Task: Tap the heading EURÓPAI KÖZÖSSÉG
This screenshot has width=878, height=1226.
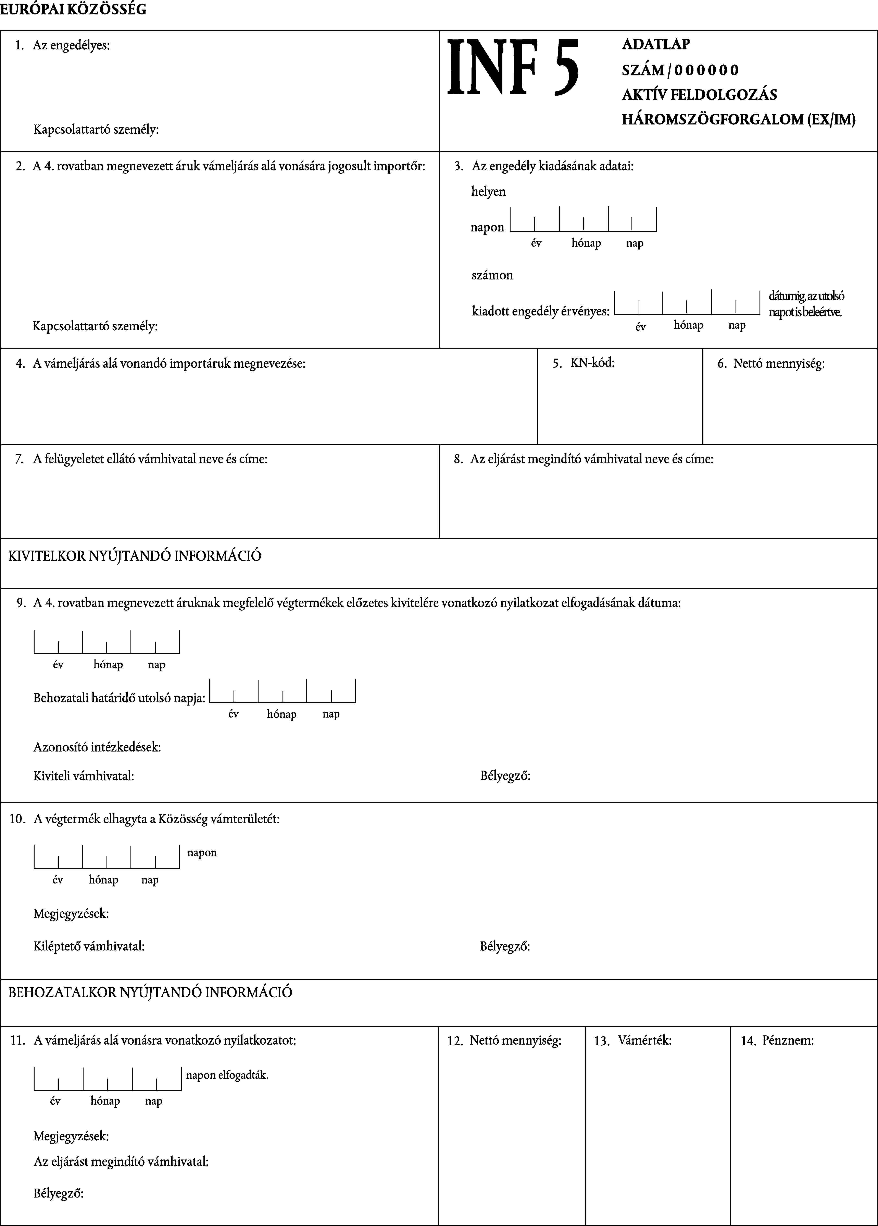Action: tap(73, 10)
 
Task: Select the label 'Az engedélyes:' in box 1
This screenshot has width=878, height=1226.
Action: tap(71, 45)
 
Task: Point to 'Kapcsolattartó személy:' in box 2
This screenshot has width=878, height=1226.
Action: tap(95, 326)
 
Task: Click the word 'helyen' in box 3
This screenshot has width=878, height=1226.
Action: tap(488, 191)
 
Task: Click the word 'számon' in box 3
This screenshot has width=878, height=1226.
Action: tap(492, 275)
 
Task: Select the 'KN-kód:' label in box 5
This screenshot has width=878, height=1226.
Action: tap(592, 363)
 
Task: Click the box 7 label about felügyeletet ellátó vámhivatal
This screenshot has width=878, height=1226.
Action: tap(150, 459)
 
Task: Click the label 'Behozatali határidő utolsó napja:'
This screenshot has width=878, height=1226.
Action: tap(119, 698)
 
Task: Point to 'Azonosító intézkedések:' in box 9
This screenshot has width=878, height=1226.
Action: tap(97, 747)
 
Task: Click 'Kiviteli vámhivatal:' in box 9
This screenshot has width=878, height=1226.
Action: tap(84, 776)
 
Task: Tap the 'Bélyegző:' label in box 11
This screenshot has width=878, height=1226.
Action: tap(58, 1194)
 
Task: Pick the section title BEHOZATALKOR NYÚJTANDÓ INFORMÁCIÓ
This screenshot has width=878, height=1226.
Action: tap(150, 993)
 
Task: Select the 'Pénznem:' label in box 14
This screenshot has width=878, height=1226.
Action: tap(787, 1041)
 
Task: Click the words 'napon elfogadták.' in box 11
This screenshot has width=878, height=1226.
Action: tap(227, 1075)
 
